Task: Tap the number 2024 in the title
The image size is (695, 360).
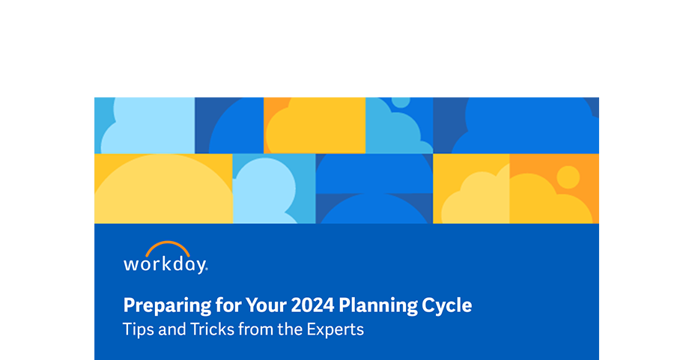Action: (312, 305)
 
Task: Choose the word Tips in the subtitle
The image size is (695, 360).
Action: (136, 329)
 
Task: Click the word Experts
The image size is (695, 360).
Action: (336, 329)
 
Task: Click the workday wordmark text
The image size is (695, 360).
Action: (165, 264)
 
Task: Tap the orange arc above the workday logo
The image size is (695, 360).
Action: (167, 247)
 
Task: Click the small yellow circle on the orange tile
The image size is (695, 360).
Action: (568, 177)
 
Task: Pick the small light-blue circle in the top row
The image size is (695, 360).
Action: (401, 101)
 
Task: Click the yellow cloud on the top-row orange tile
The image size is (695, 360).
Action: (315, 131)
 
